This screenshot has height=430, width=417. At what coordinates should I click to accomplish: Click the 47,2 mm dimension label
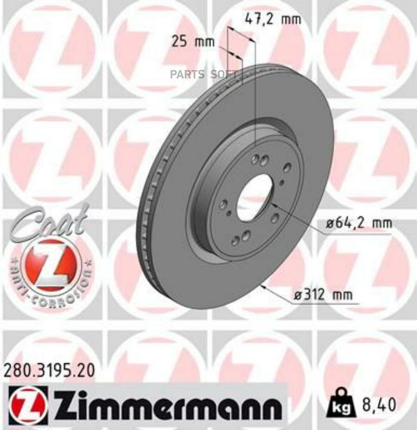point(272,19)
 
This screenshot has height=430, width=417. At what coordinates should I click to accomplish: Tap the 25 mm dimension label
point(193,42)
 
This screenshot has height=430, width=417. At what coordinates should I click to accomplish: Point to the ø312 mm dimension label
point(322,294)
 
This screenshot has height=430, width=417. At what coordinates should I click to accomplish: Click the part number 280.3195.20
point(49,370)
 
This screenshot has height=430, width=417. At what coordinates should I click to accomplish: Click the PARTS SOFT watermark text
point(203,74)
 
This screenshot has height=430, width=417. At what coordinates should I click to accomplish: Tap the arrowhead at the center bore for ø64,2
point(273,204)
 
